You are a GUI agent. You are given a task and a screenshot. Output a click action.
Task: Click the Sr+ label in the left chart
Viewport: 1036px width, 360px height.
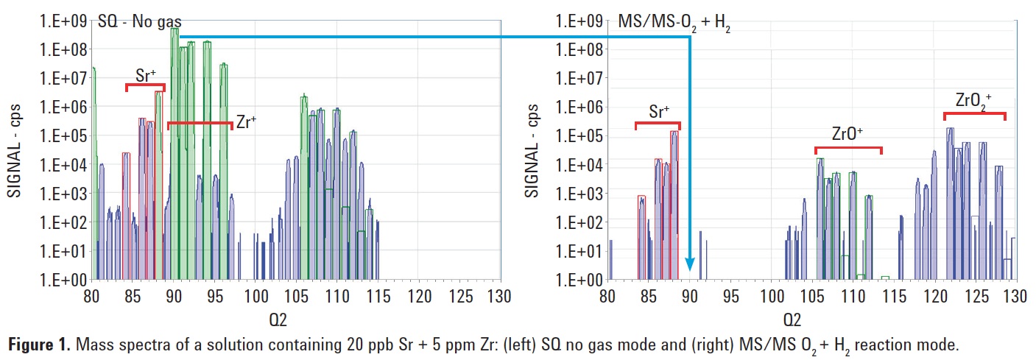coord(145,74)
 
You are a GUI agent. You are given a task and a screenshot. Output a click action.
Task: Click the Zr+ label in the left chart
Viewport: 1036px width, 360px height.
coord(247,122)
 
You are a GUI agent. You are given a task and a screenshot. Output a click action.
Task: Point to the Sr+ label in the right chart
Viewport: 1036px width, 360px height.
coord(659,112)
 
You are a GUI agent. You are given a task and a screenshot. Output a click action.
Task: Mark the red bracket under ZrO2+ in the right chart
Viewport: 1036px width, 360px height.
coord(974,114)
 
